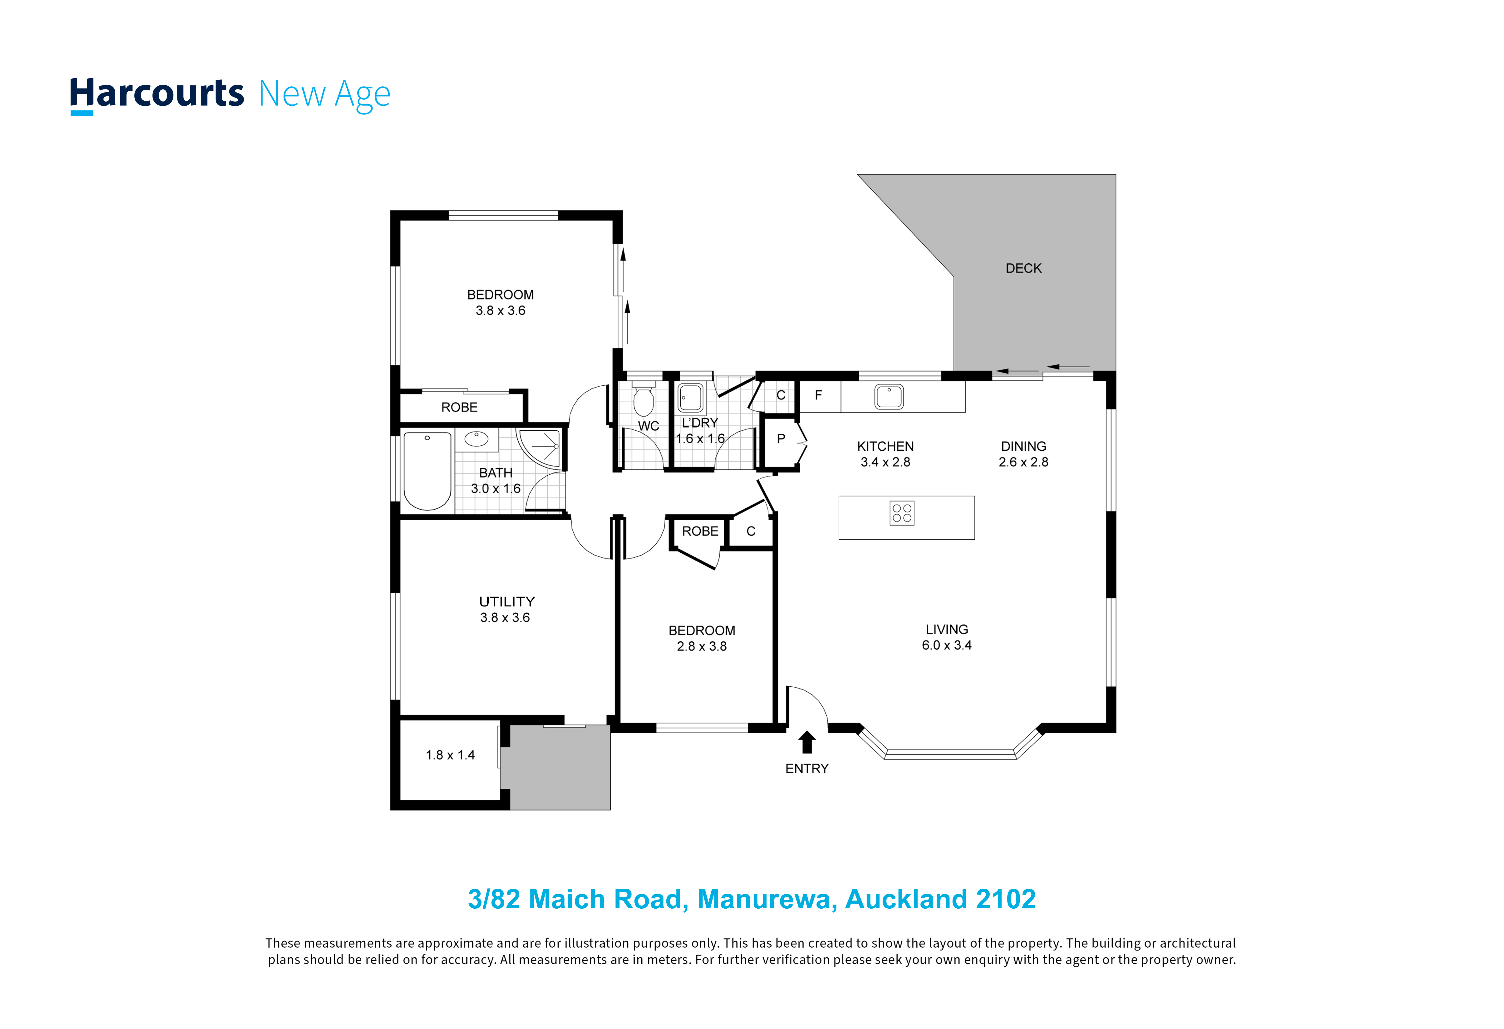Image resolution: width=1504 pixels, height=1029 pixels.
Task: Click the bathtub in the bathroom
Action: click(427, 471)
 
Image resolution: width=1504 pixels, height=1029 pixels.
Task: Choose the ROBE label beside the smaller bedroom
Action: click(700, 531)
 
